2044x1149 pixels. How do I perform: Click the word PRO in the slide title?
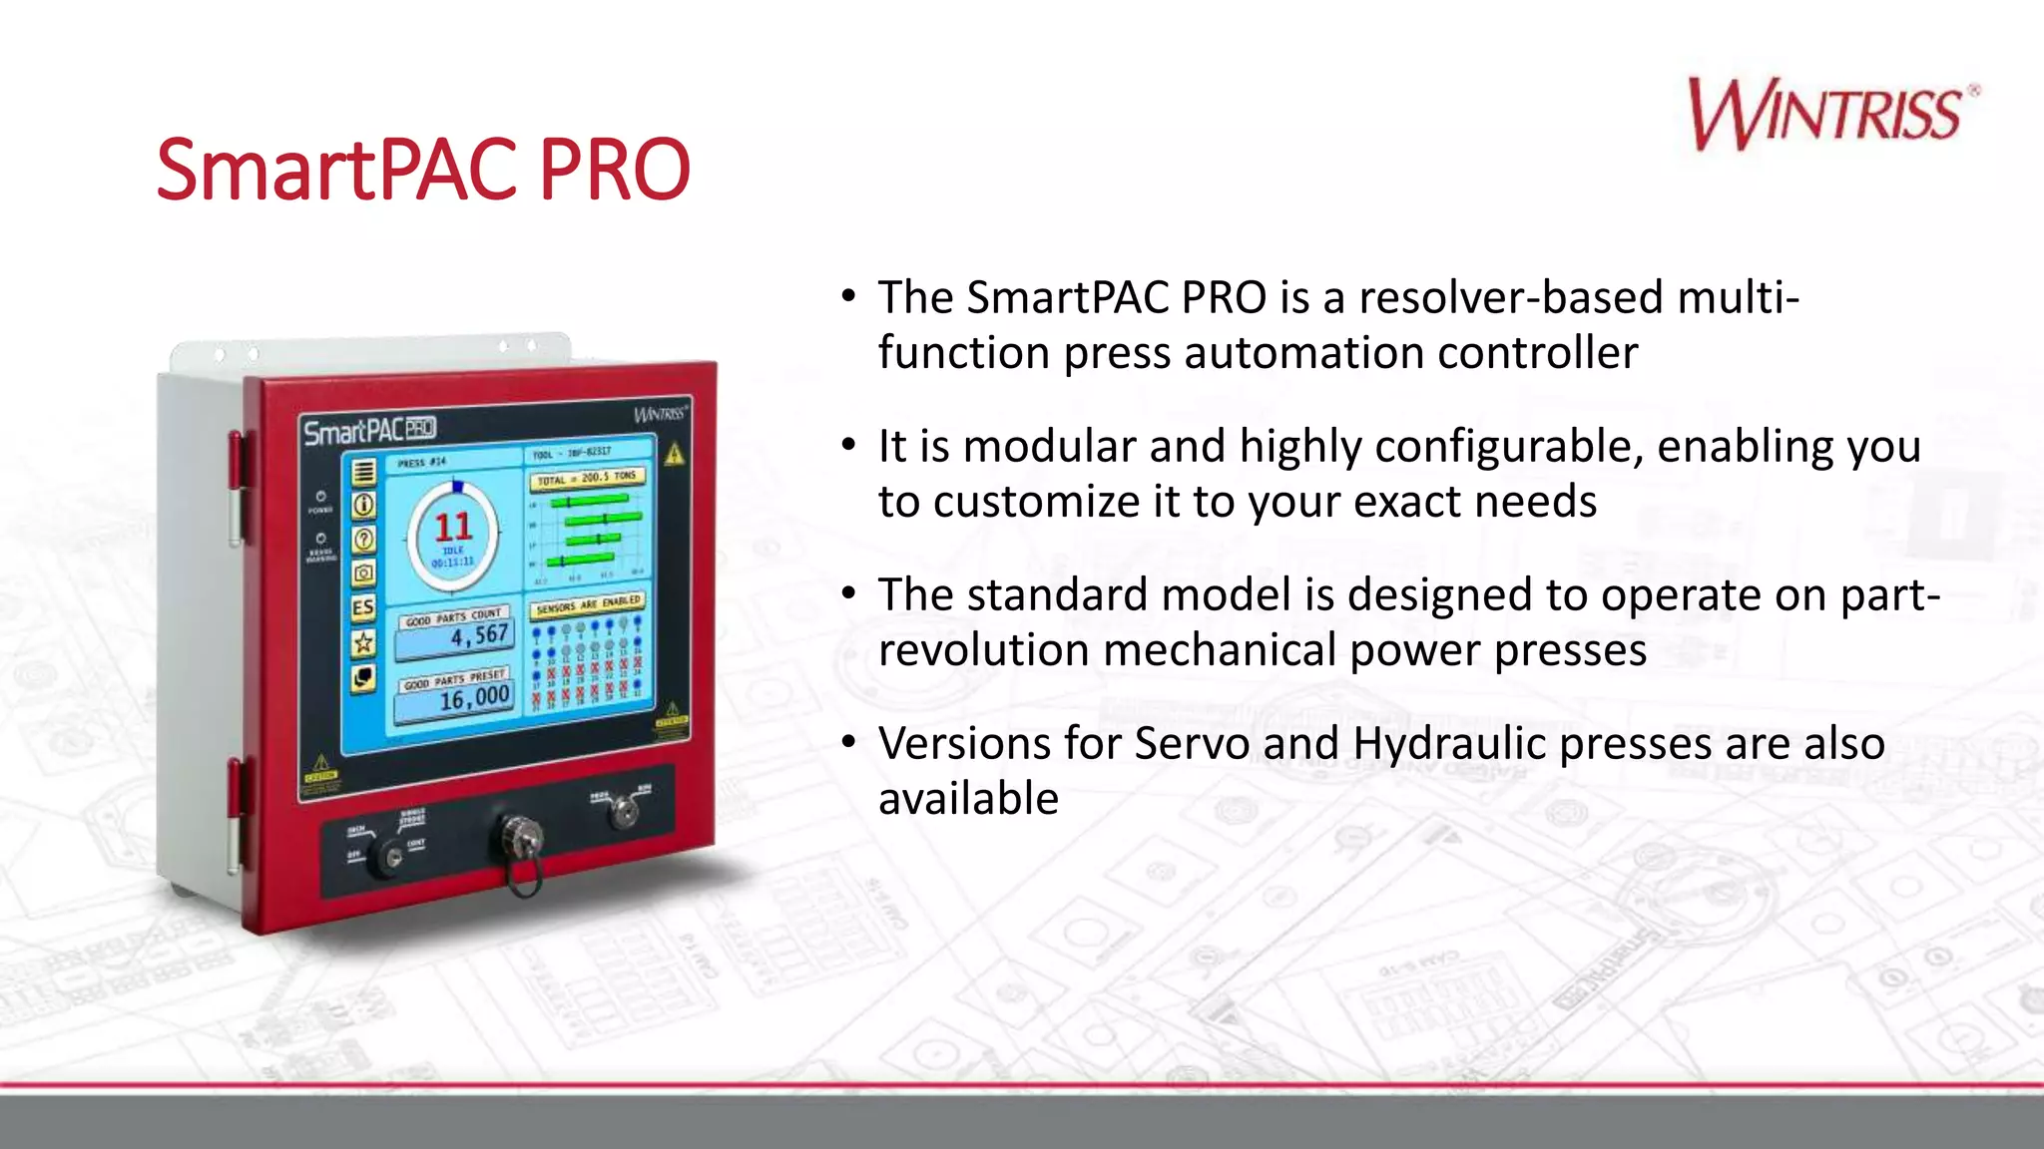click(x=614, y=170)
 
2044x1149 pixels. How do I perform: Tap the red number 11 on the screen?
click(x=452, y=527)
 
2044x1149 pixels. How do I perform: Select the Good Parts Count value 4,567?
click(x=478, y=635)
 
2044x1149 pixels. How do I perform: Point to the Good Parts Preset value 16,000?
click(x=474, y=697)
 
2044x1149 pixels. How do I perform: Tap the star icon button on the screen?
click(x=363, y=643)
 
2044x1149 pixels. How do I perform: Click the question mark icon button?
click(x=363, y=540)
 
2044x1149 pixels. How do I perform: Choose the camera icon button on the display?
click(x=363, y=574)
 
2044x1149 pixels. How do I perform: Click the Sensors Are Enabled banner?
click(x=588, y=604)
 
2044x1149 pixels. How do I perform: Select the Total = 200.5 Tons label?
click(x=586, y=478)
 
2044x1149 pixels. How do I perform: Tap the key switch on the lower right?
click(x=625, y=811)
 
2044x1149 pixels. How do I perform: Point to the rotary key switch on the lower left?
click(x=388, y=856)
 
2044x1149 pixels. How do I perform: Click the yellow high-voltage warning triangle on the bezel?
click(x=675, y=455)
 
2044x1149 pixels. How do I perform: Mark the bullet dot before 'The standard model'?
click(x=848, y=593)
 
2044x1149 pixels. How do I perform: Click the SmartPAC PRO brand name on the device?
click(x=369, y=431)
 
